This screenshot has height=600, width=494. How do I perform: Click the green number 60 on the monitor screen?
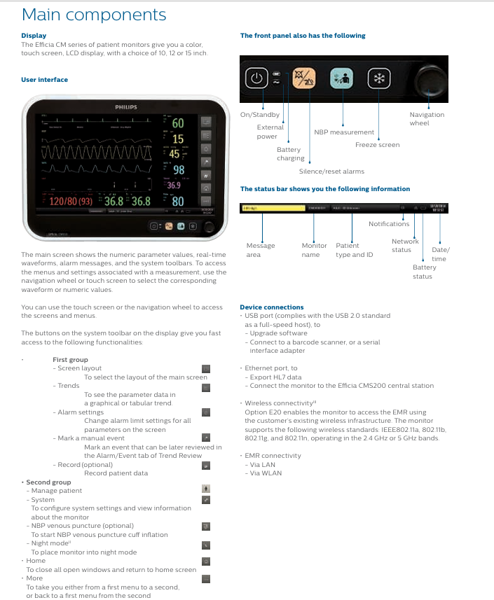tap(178, 124)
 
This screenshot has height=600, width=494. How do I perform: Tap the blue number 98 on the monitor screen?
tap(179, 170)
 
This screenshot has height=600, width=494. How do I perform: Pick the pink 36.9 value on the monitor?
tap(174, 186)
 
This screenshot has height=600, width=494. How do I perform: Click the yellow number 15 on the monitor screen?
tap(178, 139)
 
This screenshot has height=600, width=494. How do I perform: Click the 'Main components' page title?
tap(94, 15)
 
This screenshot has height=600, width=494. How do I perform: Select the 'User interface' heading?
tap(44, 80)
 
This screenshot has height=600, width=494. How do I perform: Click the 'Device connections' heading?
tap(272, 307)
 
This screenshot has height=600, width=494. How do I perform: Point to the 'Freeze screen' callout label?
tap(377, 145)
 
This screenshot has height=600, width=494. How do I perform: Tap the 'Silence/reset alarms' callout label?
tap(331, 171)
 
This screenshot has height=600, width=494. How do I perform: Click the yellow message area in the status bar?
tap(272, 208)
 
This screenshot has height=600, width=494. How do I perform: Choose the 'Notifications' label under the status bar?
tap(389, 224)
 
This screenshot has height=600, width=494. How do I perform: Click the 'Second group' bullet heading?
tap(48, 482)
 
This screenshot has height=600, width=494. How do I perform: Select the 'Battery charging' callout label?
tap(290, 153)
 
